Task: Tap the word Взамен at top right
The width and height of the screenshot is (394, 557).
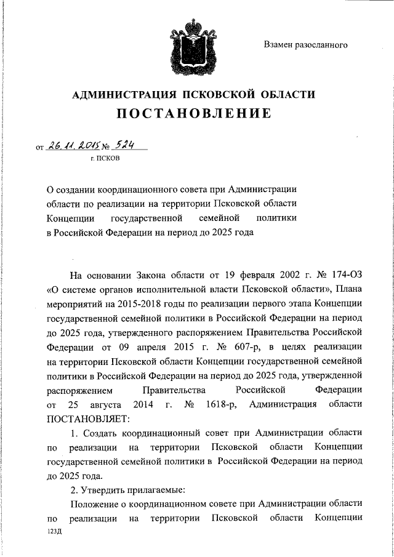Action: coord(280,44)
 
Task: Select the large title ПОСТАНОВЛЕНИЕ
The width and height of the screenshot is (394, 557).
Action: coord(193,114)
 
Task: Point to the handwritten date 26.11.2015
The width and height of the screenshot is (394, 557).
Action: coord(71,145)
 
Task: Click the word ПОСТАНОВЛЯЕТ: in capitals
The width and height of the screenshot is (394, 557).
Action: coord(86,419)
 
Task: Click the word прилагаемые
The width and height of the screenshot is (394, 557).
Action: coord(158,490)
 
